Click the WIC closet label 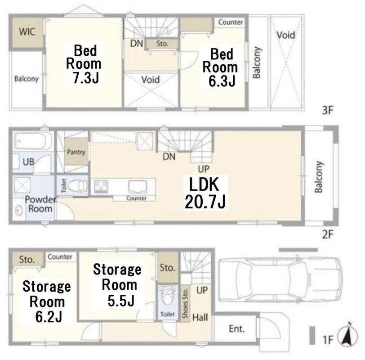(27, 31)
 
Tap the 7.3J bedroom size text (86, 78)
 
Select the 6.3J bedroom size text (222, 81)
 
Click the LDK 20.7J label (205, 193)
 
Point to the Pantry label (76, 152)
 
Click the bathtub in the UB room (32, 141)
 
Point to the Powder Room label (40, 204)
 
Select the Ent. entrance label (237, 329)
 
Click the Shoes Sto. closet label (185, 303)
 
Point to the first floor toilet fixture (167, 297)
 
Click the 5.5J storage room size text (121, 301)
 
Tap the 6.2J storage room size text (49, 317)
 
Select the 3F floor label (328, 110)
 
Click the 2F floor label (328, 234)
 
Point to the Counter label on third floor (231, 22)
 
